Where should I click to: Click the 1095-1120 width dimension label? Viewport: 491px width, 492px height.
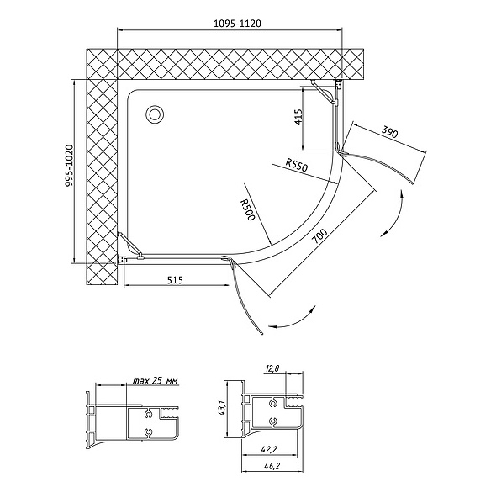point(237,24)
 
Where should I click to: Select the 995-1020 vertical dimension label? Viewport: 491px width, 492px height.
point(69,166)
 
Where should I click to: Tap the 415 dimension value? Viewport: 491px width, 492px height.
point(298,117)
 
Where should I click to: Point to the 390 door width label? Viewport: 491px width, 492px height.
point(389,131)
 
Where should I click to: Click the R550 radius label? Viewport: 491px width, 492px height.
point(297,165)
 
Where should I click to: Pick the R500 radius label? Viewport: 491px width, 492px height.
point(247,209)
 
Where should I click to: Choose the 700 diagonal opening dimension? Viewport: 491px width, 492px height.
point(319,236)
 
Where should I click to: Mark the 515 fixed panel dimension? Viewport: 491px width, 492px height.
point(174,279)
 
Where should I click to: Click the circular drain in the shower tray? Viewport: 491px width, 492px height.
point(154,114)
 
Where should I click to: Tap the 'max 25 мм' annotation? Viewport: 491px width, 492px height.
point(155,381)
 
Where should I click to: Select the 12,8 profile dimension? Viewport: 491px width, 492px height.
point(272,368)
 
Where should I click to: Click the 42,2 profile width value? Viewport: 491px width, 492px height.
point(268,450)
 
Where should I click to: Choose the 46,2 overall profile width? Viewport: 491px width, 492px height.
point(272,466)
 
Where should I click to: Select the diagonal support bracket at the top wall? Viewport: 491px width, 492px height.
point(324,92)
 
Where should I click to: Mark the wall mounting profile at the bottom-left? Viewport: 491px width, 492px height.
point(123,260)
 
